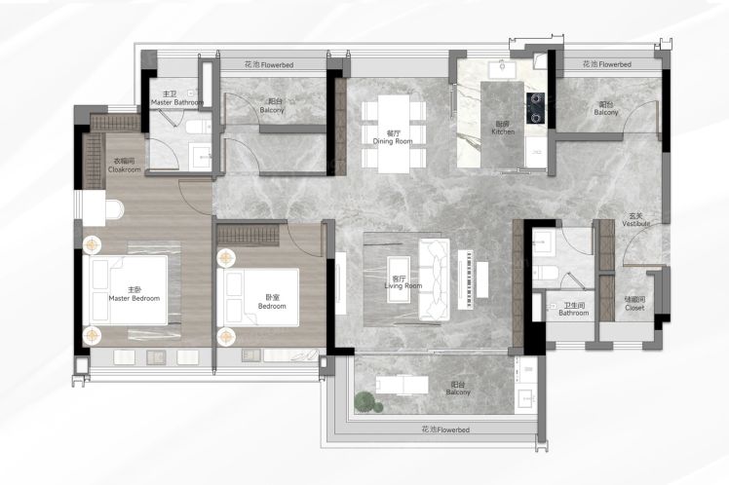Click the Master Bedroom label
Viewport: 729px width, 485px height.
click(x=134, y=294)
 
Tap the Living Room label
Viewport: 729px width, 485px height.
click(x=403, y=282)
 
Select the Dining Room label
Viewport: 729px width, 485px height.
click(x=393, y=137)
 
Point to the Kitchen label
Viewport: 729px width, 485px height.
click(x=503, y=128)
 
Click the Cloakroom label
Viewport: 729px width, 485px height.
click(x=124, y=166)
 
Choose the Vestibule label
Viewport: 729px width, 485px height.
click(x=636, y=220)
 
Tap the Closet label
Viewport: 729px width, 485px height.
click(x=634, y=304)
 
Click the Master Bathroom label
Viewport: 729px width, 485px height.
click(x=177, y=98)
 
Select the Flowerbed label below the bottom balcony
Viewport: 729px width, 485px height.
click(x=445, y=429)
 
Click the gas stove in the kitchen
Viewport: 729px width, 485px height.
click(x=535, y=108)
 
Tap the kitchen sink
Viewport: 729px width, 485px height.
click(x=502, y=69)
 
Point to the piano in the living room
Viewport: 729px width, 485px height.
click(x=466, y=280)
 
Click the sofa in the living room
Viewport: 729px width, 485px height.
click(x=435, y=280)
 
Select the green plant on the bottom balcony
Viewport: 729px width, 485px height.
click(x=367, y=402)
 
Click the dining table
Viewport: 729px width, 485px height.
click(x=394, y=133)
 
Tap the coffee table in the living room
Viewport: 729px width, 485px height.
click(x=399, y=280)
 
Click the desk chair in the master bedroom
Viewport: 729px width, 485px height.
click(x=114, y=209)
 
